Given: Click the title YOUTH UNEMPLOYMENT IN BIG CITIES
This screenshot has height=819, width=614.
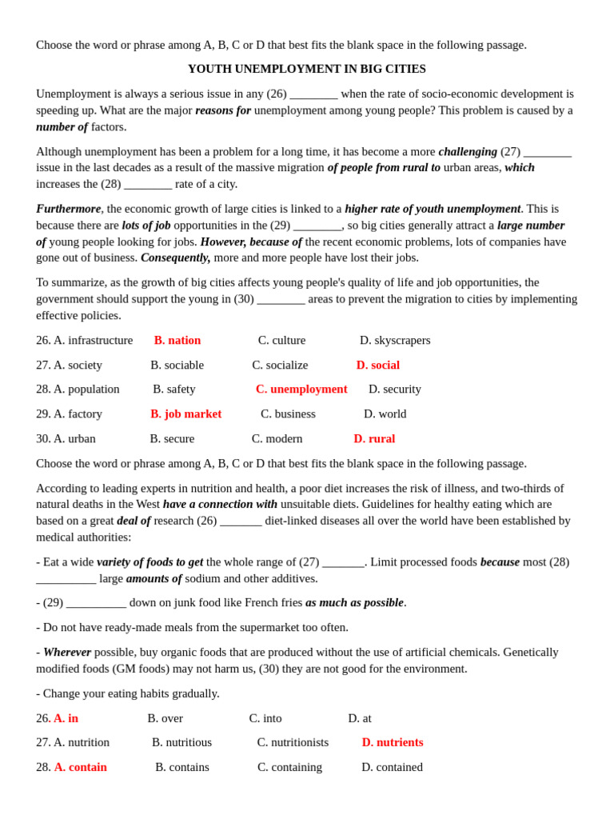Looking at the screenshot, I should [x=306, y=69].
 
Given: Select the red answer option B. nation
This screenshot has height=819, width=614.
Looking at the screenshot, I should [x=177, y=340].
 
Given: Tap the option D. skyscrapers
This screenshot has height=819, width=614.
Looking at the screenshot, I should [x=395, y=340].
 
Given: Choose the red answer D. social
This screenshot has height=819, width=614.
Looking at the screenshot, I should [x=377, y=365].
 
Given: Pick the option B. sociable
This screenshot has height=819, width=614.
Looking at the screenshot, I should [x=177, y=365].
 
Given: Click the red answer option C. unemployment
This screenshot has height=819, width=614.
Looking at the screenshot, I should [x=301, y=389].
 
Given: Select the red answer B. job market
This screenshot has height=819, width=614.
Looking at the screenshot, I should [x=185, y=413].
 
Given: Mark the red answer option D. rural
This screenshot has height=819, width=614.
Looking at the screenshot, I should [x=374, y=438].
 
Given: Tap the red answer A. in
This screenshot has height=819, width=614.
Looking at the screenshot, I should [x=66, y=718].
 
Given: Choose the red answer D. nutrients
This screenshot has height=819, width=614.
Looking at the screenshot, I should [x=393, y=742].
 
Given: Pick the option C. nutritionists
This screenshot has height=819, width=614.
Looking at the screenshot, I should [x=293, y=742].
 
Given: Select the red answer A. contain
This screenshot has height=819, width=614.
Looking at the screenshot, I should [x=80, y=767].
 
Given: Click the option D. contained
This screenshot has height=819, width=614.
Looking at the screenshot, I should [x=392, y=767].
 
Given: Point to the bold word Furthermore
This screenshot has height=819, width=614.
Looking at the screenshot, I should [x=68, y=209].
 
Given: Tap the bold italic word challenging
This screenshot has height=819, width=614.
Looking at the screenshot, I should [x=468, y=151].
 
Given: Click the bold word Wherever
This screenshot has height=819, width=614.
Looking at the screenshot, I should [x=67, y=652].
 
